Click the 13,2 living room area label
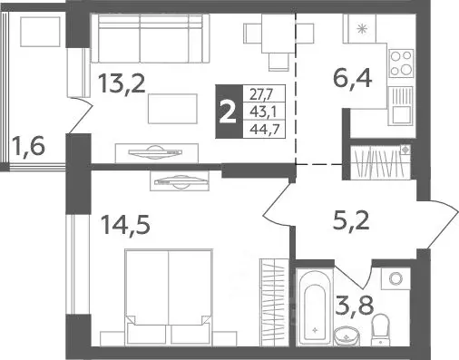(121, 87)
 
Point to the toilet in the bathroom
(383, 323)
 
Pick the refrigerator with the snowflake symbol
(362, 30)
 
